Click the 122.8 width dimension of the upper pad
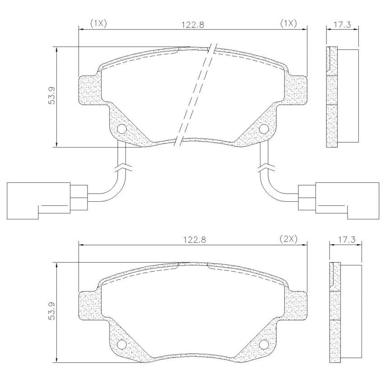pyautogui.click(x=192, y=25)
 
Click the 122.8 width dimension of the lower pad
pyautogui.click(x=195, y=240)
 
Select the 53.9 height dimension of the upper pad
pyautogui.click(x=52, y=96)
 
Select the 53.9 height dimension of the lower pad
pyautogui.click(x=52, y=311)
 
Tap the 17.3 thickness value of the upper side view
pyautogui.click(x=342, y=25)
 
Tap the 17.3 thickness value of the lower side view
pyautogui.click(x=345, y=240)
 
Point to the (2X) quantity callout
pyautogui.click(x=288, y=239)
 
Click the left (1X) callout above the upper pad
pyautogui.click(x=98, y=24)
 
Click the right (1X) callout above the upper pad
pyautogui.click(x=288, y=24)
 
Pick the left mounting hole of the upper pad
pyautogui.click(x=122, y=129)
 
